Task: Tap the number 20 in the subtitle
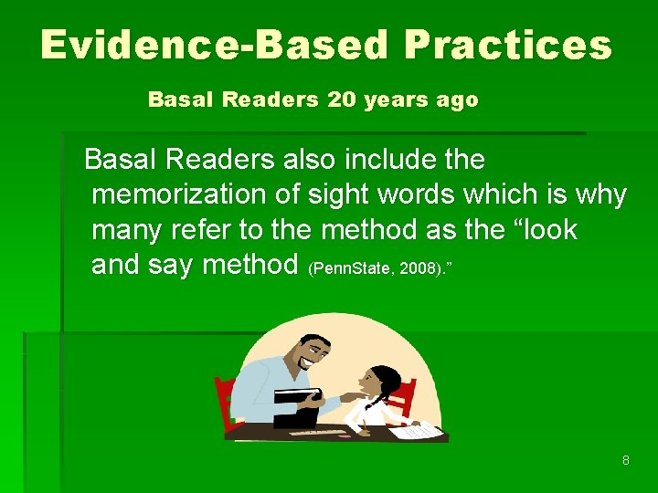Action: [341, 100]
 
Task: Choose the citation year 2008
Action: [409, 269]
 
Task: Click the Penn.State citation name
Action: [343, 269]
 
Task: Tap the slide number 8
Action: [625, 460]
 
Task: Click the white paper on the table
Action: [416, 429]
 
